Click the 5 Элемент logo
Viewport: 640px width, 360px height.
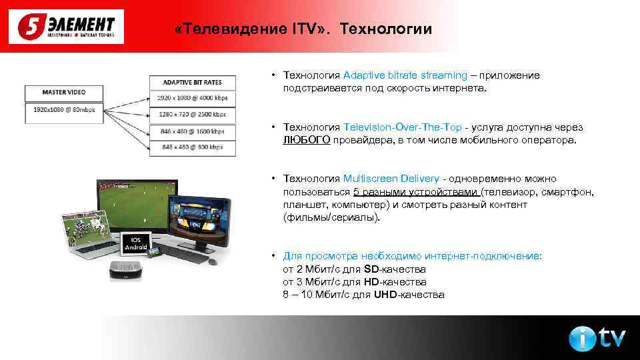tap(66, 27)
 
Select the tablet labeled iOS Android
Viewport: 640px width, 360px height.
tap(136, 244)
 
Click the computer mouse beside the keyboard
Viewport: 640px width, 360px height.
tap(213, 261)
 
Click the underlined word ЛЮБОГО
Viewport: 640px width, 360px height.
tap(307, 141)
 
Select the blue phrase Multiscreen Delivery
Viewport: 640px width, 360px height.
tap(391, 179)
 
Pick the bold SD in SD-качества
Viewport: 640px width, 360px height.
tap(371, 269)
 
